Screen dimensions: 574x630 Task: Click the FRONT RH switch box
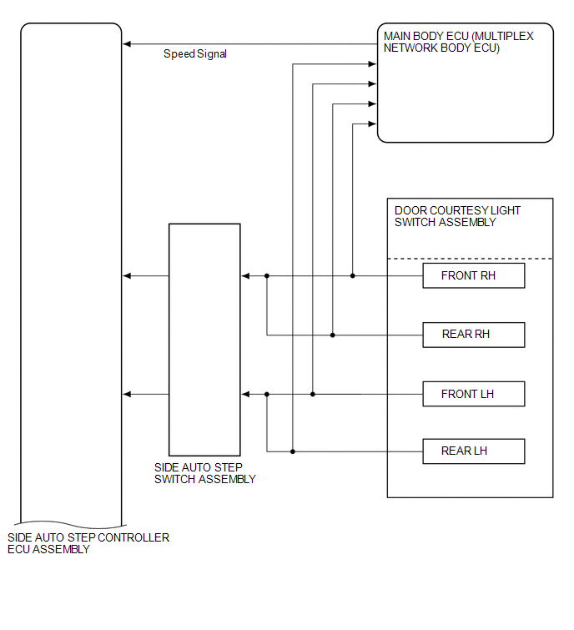point(474,275)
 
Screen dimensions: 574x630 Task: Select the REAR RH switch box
point(474,335)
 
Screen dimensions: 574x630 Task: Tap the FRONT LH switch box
point(474,394)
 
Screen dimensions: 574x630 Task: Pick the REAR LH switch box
point(474,451)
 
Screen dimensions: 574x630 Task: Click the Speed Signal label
point(195,54)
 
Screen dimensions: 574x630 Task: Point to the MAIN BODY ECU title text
point(458,42)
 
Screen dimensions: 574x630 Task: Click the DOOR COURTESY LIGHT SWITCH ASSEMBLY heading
point(457,216)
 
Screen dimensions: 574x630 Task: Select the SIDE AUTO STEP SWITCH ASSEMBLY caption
point(205,473)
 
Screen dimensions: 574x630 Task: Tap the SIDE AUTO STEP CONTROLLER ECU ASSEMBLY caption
point(88,543)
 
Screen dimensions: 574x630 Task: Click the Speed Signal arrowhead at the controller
point(127,43)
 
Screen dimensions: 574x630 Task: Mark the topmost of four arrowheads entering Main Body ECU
point(372,64)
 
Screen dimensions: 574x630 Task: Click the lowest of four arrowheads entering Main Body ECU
point(372,123)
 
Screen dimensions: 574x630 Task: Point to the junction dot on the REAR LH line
point(293,451)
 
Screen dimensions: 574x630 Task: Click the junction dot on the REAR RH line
point(333,335)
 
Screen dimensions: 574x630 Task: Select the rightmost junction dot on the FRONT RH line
point(353,275)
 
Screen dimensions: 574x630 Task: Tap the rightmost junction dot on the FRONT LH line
point(313,394)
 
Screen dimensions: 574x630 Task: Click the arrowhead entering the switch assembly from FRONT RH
point(245,275)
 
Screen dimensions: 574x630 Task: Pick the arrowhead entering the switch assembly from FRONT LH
point(245,394)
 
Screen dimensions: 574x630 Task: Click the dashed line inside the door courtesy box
point(470,259)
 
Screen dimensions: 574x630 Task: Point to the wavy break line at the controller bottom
point(70,524)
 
